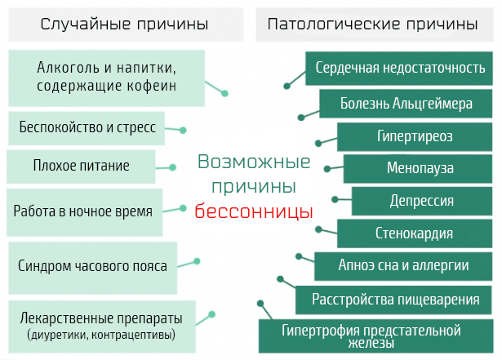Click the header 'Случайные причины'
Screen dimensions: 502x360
[124, 24]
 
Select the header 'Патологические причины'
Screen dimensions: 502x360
[372, 24]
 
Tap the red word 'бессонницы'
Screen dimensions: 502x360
[254, 211]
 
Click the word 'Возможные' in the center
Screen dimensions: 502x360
[254, 162]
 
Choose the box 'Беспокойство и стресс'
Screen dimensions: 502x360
[87, 128]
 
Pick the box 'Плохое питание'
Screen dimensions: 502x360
[81, 167]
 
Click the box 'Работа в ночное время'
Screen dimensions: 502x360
[85, 212]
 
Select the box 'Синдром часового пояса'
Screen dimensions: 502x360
[92, 268]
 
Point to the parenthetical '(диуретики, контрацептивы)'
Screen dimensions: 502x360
[101, 335]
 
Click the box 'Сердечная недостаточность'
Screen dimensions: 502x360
[399, 69]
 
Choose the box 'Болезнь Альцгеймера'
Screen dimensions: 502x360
[406, 104]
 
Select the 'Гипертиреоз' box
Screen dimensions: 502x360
[415, 136]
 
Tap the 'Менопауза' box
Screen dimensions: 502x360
[418, 168]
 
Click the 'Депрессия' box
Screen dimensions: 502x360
[422, 201]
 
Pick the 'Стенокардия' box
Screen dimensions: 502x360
[415, 233]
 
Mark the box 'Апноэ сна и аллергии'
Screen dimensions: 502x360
[403, 266]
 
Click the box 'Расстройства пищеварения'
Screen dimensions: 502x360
[393, 300]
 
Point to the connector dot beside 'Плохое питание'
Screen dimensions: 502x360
[172, 167]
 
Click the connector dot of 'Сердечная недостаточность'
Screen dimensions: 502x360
[287, 86]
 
